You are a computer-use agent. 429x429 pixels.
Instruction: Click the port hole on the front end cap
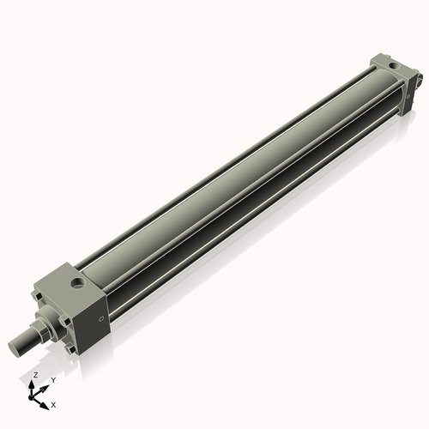(x=79, y=281)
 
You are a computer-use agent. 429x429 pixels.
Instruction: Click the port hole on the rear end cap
(x=393, y=65)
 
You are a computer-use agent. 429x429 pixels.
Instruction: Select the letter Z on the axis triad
(x=35, y=376)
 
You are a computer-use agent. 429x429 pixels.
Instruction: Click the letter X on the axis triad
(x=54, y=403)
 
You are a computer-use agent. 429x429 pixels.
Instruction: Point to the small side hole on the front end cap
(x=101, y=320)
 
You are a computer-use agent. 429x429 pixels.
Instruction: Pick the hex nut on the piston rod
(x=41, y=330)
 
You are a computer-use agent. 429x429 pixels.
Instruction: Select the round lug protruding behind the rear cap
(x=419, y=82)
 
